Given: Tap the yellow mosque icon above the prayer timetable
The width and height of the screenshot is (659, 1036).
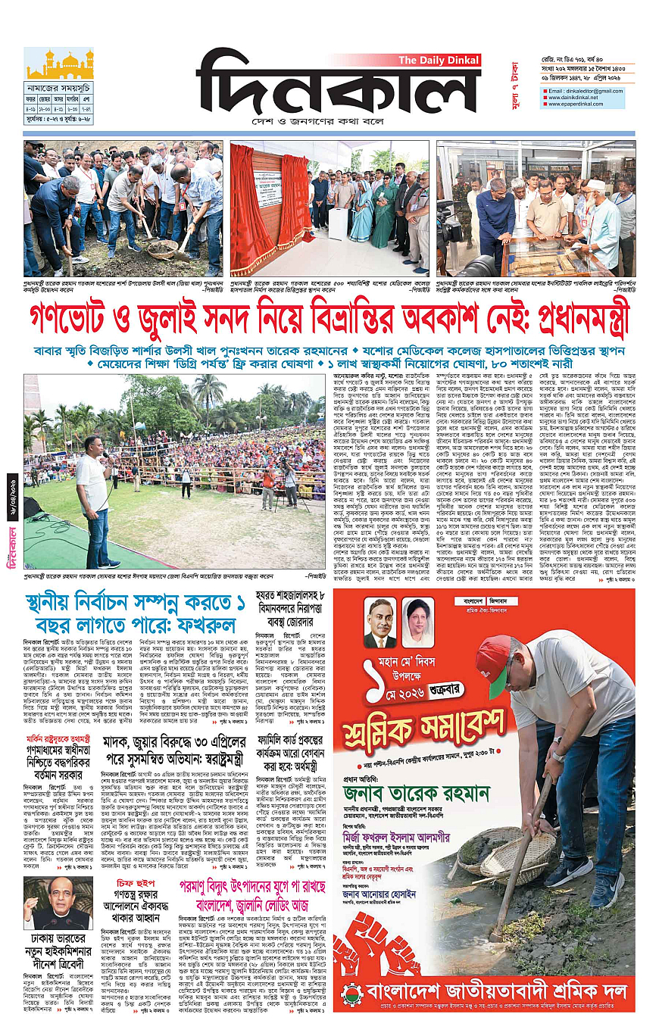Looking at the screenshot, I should click(59, 64).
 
